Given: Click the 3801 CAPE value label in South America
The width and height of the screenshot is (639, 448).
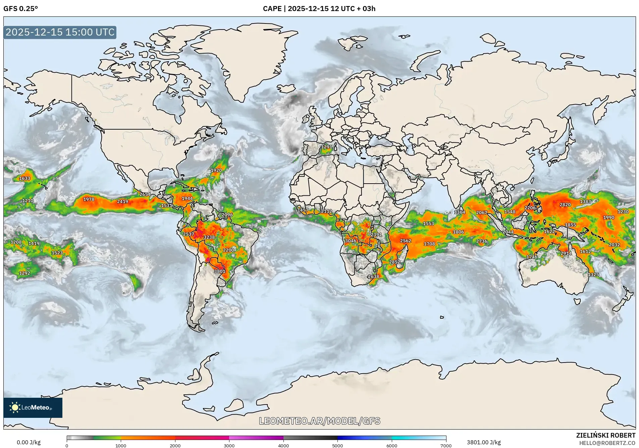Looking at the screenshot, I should (x=220, y=271).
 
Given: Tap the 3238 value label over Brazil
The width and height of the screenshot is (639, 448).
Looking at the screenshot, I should (x=209, y=237).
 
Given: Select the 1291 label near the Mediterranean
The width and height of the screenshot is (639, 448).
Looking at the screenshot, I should (x=326, y=147).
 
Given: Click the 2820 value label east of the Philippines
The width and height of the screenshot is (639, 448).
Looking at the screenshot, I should (x=565, y=205).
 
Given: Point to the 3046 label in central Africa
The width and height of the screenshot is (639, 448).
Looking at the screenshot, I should (x=351, y=241).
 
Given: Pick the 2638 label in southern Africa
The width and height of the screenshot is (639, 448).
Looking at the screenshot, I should (x=373, y=276).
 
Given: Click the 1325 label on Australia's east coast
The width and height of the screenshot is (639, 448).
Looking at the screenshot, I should (x=593, y=274).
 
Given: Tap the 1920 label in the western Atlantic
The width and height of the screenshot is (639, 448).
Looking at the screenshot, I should (x=216, y=170).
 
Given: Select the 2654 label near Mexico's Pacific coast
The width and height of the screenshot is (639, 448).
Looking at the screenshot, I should (x=145, y=194).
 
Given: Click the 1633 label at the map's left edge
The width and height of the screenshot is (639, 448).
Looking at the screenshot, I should (x=24, y=178).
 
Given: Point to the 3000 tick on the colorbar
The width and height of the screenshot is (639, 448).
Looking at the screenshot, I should (x=229, y=445).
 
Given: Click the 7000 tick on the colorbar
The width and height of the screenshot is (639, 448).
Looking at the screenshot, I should (x=446, y=445).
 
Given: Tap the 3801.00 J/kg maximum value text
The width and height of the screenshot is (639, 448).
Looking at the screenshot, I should (x=484, y=442).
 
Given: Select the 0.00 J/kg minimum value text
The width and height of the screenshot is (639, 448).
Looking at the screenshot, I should (x=29, y=442).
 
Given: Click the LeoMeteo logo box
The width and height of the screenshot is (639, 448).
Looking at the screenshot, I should (x=33, y=407).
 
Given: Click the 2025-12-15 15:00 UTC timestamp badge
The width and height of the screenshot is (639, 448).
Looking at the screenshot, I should (x=60, y=32).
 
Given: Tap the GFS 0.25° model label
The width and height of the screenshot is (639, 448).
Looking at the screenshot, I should (x=20, y=9).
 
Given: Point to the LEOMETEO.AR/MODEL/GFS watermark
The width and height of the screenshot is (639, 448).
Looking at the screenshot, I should (x=320, y=421).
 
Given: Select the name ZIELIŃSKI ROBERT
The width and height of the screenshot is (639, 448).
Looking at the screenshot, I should (x=605, y=435).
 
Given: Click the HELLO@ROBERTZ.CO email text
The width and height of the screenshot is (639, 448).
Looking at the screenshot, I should (x=607, y=443).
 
